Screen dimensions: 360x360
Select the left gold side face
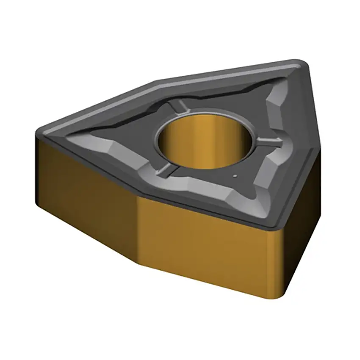click(x=85, y=186)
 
